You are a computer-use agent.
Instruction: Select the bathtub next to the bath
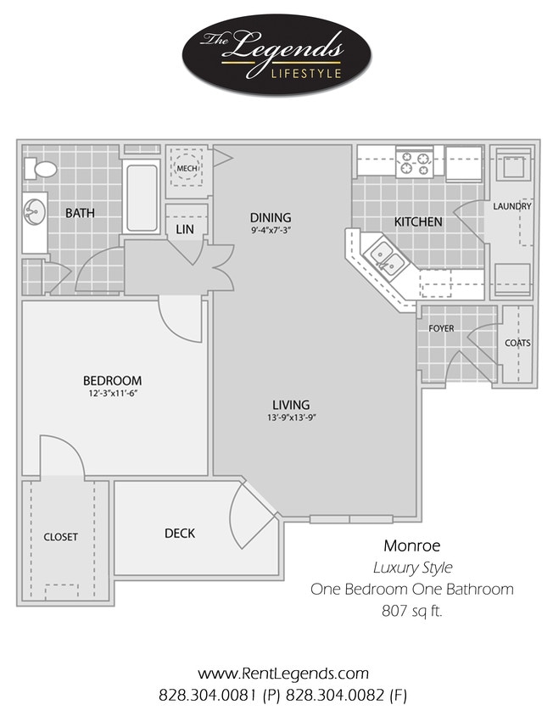pos(142,197)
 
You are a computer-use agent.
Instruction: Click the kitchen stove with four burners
pos(415,161)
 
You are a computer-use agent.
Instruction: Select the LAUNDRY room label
pos(511,206)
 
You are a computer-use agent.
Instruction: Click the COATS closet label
pos(517,343)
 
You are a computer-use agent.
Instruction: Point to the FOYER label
pos(441,327)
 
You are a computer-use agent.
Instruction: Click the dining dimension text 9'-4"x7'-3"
pos(271,230)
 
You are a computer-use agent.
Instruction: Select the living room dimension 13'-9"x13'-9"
pos(290,417)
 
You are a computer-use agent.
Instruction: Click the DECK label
pos(180,533)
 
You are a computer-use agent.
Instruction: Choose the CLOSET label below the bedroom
pos(60,537)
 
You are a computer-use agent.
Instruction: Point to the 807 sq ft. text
pos(412,608)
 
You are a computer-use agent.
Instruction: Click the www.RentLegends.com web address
pos(283,674)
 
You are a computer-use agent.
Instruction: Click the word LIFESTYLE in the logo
pos(306,73)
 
